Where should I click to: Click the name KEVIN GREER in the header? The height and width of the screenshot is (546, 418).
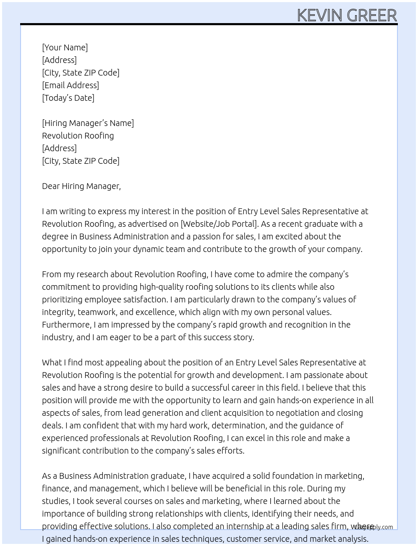pyautogui.click(x=347, y=15)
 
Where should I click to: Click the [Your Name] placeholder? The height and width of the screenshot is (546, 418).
pyautogui.click(x=65, y=47)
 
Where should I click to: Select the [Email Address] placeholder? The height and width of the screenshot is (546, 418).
pyautogui.click(x=71, y=85)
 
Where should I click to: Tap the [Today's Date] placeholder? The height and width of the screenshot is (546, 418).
pyautogui.click(x=68, y=98)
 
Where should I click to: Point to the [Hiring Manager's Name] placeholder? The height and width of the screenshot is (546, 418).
pyautogui.click(x=88, y=123)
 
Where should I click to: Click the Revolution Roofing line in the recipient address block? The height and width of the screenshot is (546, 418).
pyautogui.click(x=78, y=136)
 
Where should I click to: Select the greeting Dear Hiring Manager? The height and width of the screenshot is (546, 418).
pyautogui.click(x=81, y=186)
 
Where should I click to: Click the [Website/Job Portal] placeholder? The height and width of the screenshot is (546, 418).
pyautogui.click(x=219, y=224)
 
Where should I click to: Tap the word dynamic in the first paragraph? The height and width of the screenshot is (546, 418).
pyautogui.click(x=149, y=249)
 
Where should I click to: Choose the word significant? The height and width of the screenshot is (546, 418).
pyautogui.click(x=61, y=451)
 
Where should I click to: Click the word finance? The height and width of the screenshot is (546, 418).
pyautogui.click(x=57, y=488)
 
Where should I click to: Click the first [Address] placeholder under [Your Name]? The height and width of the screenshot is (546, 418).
pyautogui.click(x=59, y=60)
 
